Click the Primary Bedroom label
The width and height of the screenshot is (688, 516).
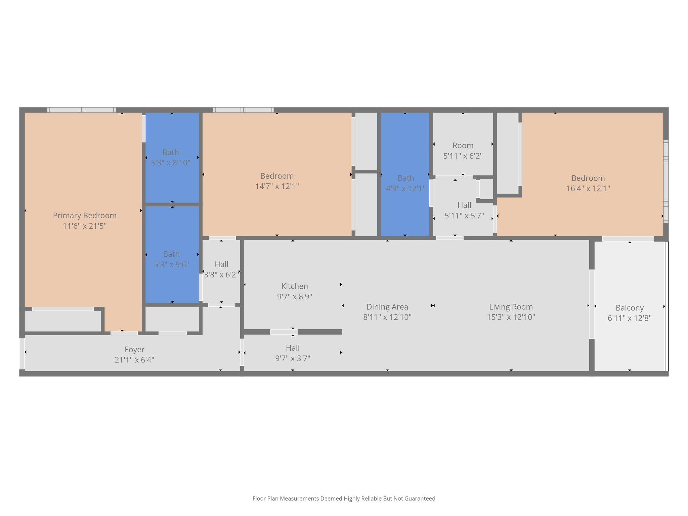click(85, 216)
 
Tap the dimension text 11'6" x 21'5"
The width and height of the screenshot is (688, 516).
click(85, 226)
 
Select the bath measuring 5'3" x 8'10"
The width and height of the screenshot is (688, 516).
click(171, 158)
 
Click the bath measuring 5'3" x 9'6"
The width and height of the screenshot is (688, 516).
click(171, 259)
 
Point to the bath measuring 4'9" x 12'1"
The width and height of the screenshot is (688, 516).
click(405, 183)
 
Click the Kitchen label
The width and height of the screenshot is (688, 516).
click(294, 286)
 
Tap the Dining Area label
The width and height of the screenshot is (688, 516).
click(387, 307)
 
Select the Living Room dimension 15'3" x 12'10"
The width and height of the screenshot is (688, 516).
click(511, 317)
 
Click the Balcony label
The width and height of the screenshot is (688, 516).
click(629, 308)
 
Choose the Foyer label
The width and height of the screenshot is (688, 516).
click(134, 349)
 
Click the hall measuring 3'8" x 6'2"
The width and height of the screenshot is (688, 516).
click(221, 270)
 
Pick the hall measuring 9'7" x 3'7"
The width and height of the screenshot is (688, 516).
click(293, 353)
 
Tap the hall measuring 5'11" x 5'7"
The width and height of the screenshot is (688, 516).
click(464, 210)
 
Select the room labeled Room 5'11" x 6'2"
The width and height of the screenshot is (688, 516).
click(463, 150)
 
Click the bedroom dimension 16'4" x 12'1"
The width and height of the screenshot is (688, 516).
click(588, 188)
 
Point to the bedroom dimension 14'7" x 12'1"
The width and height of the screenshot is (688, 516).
click(277, 186)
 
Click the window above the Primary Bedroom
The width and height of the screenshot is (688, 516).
click(82, 110)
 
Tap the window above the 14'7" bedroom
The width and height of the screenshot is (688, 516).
click(243, 110)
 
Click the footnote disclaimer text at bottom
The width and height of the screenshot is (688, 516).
click(344, 499)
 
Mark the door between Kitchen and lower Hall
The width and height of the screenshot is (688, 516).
click(284, 332)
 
